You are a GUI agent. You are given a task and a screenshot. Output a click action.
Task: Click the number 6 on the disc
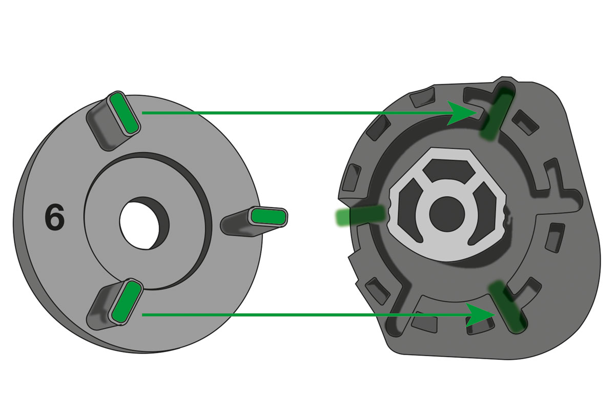55,217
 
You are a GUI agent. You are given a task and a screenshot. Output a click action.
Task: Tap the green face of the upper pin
125,113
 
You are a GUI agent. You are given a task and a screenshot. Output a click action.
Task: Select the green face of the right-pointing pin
269,216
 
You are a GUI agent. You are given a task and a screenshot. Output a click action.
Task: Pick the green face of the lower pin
126,302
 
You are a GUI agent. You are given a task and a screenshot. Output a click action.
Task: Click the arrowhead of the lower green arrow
481,315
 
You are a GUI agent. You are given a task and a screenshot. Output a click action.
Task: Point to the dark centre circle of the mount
447,214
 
